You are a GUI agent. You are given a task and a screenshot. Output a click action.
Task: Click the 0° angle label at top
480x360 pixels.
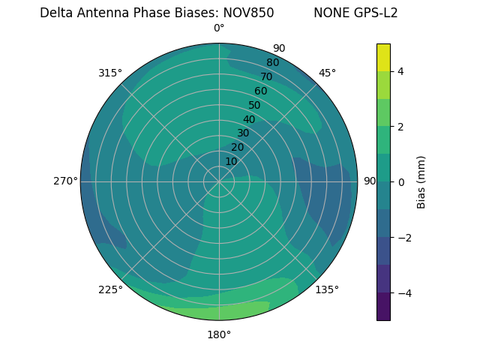219,28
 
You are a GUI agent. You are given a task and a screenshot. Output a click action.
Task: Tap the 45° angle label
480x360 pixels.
327,73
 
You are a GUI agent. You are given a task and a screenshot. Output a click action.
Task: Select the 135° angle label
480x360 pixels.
327,289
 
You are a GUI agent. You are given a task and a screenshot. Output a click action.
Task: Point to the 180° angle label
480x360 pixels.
219,334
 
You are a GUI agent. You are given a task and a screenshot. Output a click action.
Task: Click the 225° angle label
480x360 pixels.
110,289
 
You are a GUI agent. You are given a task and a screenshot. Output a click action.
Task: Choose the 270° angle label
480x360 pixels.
65,181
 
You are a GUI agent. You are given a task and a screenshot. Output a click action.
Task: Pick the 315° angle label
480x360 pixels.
110,73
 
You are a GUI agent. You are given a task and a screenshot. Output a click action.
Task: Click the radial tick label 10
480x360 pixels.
231,161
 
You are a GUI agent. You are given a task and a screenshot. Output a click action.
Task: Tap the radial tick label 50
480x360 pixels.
254,105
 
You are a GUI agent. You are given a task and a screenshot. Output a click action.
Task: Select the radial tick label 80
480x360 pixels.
272,63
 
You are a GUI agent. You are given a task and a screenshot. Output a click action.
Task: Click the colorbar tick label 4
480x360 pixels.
401,71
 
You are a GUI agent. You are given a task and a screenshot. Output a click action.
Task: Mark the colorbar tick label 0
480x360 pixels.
401,181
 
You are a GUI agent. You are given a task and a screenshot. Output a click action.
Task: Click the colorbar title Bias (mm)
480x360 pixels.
421,181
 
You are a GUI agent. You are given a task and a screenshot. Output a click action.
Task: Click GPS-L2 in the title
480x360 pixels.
377,13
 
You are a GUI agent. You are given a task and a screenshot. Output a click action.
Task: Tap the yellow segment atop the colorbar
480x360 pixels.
383,58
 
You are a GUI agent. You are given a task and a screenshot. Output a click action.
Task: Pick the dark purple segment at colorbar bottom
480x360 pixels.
383,306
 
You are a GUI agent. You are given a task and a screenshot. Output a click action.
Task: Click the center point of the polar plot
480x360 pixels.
219,181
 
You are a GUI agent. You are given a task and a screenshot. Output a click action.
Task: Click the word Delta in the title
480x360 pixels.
56,13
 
